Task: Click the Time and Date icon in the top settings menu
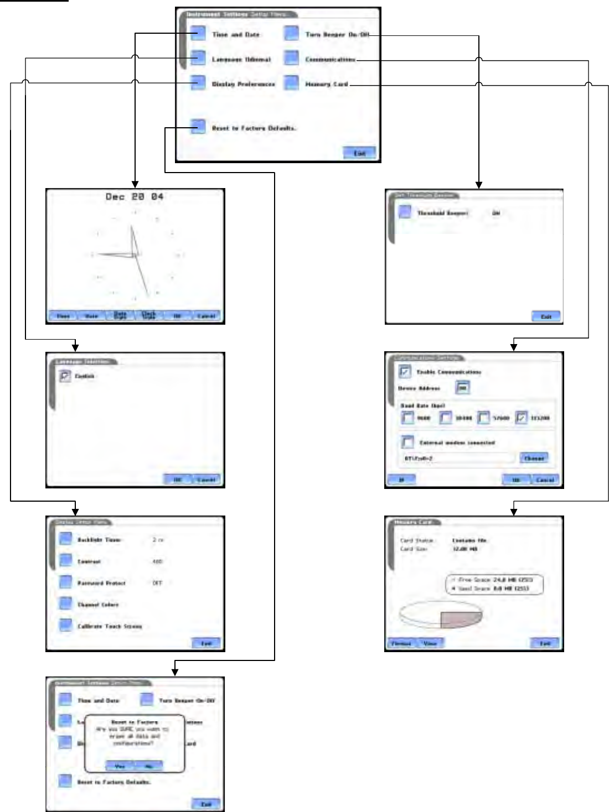(198, 34)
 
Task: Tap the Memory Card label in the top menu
(327, 84)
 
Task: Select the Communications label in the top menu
(330, 59)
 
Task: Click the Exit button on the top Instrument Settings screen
(359, 153)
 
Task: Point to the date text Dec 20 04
(135, 196)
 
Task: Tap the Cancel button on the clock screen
(205, 316)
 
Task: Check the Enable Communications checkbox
(405, 372)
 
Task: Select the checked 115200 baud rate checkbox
(522, 418)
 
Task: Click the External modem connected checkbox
(407, 443)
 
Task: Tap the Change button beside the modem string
(534, 458)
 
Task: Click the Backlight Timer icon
(66, 539)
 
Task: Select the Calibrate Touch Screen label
(110, 626)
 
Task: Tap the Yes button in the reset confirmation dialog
(120, 766)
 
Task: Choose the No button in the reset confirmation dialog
(148, 766)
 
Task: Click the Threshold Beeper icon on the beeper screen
(405, 212)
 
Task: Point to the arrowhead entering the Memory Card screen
(513, 512)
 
